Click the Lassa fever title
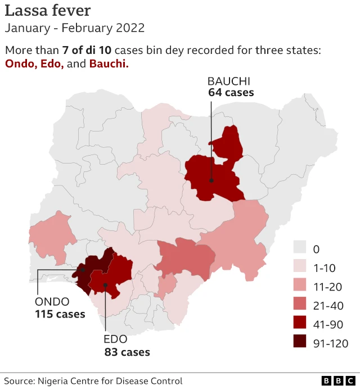coord(48,10)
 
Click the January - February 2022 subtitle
coord(75,28)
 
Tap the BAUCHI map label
coord(229,80)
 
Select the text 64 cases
coord(231,92)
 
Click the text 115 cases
coord(60,314)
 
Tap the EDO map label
coord(116,339)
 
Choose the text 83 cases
coord(127,352)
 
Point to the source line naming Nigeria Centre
coord(93,381)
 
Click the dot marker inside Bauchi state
coord(211,180)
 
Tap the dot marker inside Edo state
coord(105,285)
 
